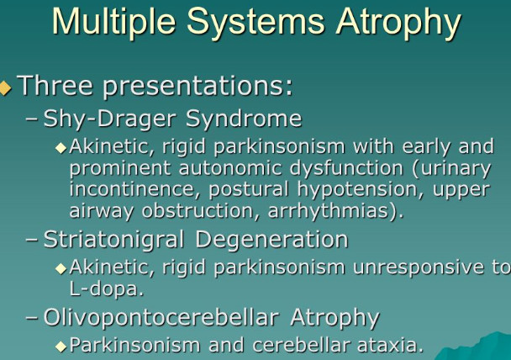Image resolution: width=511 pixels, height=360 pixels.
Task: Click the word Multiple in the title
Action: (114, 22)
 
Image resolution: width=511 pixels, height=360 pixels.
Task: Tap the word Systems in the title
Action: (255, 23)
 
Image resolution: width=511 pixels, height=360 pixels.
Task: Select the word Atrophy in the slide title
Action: (398, 23)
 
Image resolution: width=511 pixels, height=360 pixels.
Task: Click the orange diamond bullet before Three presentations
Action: (4, 87)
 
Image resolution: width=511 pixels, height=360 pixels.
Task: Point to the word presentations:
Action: (198, 86)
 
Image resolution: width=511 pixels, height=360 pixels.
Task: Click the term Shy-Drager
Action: (110, 119)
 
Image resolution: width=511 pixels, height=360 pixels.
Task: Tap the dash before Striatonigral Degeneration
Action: (32, 240)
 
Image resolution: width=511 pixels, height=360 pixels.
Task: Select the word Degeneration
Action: (271, 240)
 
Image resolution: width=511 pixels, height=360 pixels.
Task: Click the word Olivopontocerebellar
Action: (161, 317)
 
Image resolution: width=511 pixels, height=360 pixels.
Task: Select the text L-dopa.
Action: (106, 289)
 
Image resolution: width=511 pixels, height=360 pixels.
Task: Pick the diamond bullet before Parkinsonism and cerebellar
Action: (61, 347)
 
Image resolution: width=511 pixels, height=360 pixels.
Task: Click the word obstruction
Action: (198, 211)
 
